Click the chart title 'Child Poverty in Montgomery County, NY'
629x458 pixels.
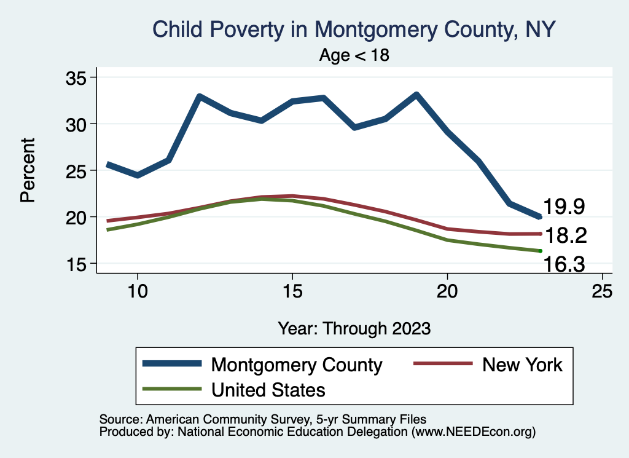[354, 29]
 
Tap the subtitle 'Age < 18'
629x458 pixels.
[354, 55]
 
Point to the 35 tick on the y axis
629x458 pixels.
[77, 77]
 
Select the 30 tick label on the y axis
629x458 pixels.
[77, 124]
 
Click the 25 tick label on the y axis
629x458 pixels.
[77, 170]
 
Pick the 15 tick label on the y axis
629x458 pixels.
[77, 264]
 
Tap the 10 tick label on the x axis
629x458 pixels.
[137, 291]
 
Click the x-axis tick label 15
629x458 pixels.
[292, 291]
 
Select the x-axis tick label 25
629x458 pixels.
[602, 291]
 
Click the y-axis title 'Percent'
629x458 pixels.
[27, 170]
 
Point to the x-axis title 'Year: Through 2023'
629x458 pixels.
[354, 328]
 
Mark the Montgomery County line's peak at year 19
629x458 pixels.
[416, 95]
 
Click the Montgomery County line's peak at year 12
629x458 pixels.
[199, 97]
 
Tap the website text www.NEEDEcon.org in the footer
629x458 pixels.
[474, 433]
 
